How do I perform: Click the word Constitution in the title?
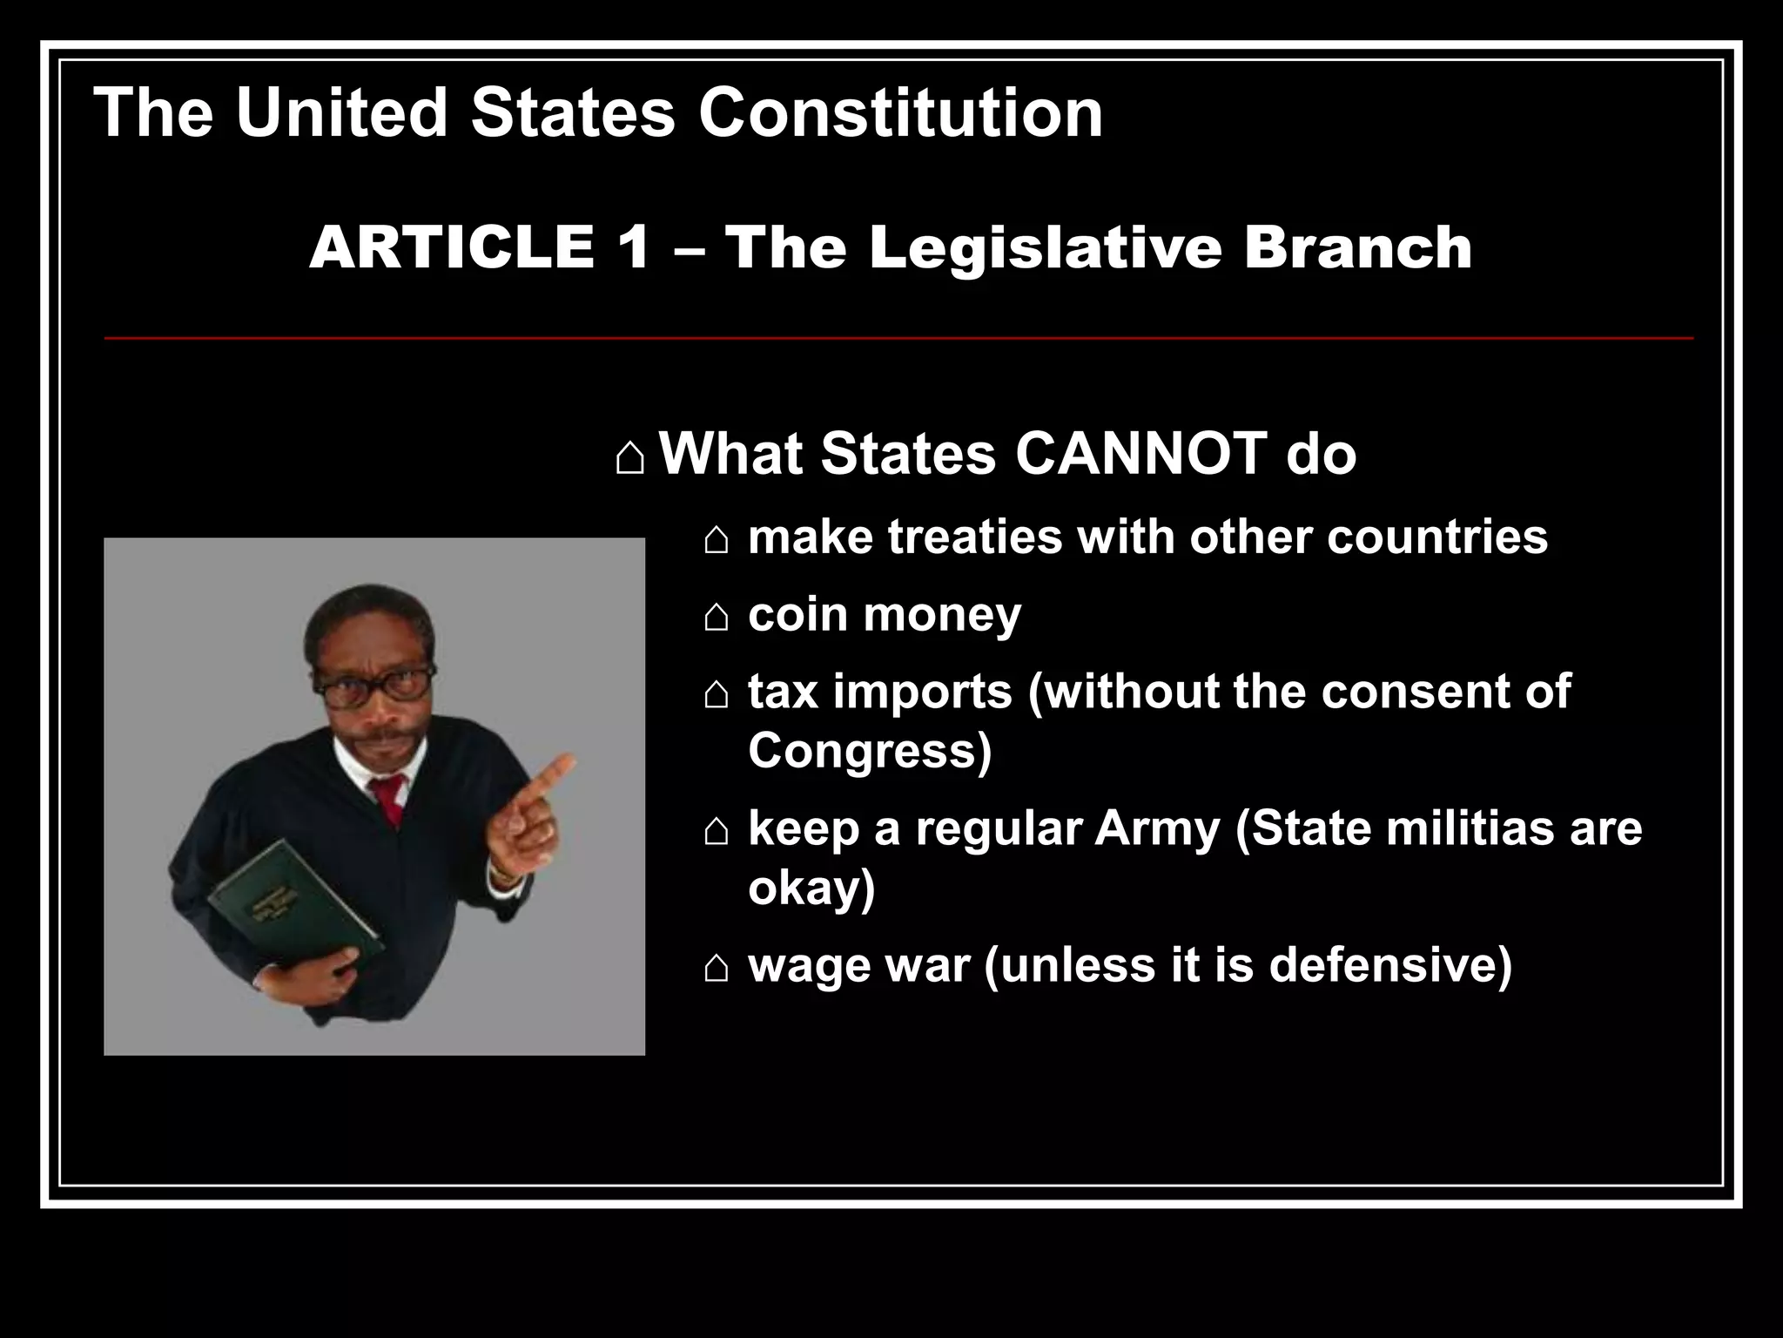point(900,112)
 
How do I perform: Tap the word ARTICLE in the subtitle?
point(452,247)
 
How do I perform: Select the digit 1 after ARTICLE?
point(634,247)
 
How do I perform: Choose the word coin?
point(797,614)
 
